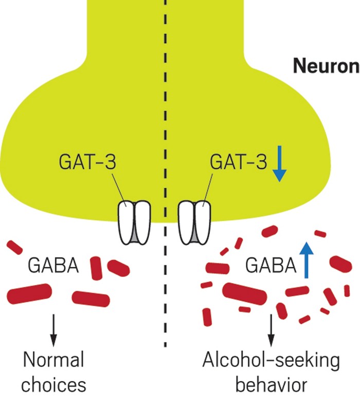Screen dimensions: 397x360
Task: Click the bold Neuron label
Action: (325, 66)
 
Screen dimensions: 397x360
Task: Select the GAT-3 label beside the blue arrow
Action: (238, 163)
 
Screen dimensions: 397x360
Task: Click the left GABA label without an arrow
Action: (53, 266)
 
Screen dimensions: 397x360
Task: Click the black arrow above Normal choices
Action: (53, 330)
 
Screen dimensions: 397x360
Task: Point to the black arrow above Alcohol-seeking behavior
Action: (272, 330)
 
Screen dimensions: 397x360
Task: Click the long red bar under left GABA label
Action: (30, 294)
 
